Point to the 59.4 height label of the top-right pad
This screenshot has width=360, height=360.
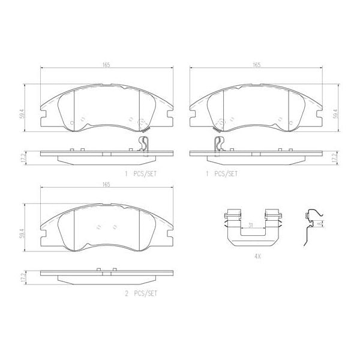pyautogui.click(x=335, y=112)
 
